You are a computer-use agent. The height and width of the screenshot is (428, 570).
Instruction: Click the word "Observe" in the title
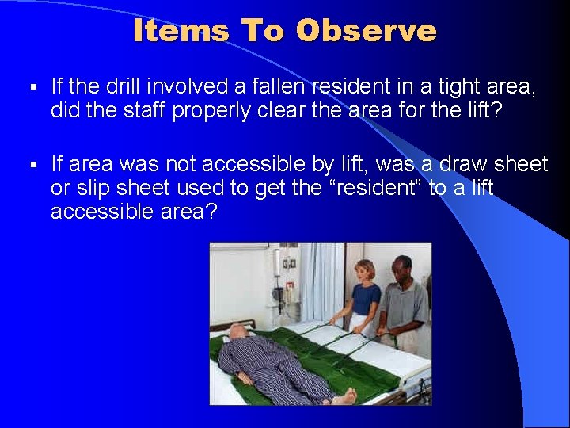(x=366, y=31)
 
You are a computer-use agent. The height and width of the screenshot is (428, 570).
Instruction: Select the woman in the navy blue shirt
(x=363, y=296)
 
